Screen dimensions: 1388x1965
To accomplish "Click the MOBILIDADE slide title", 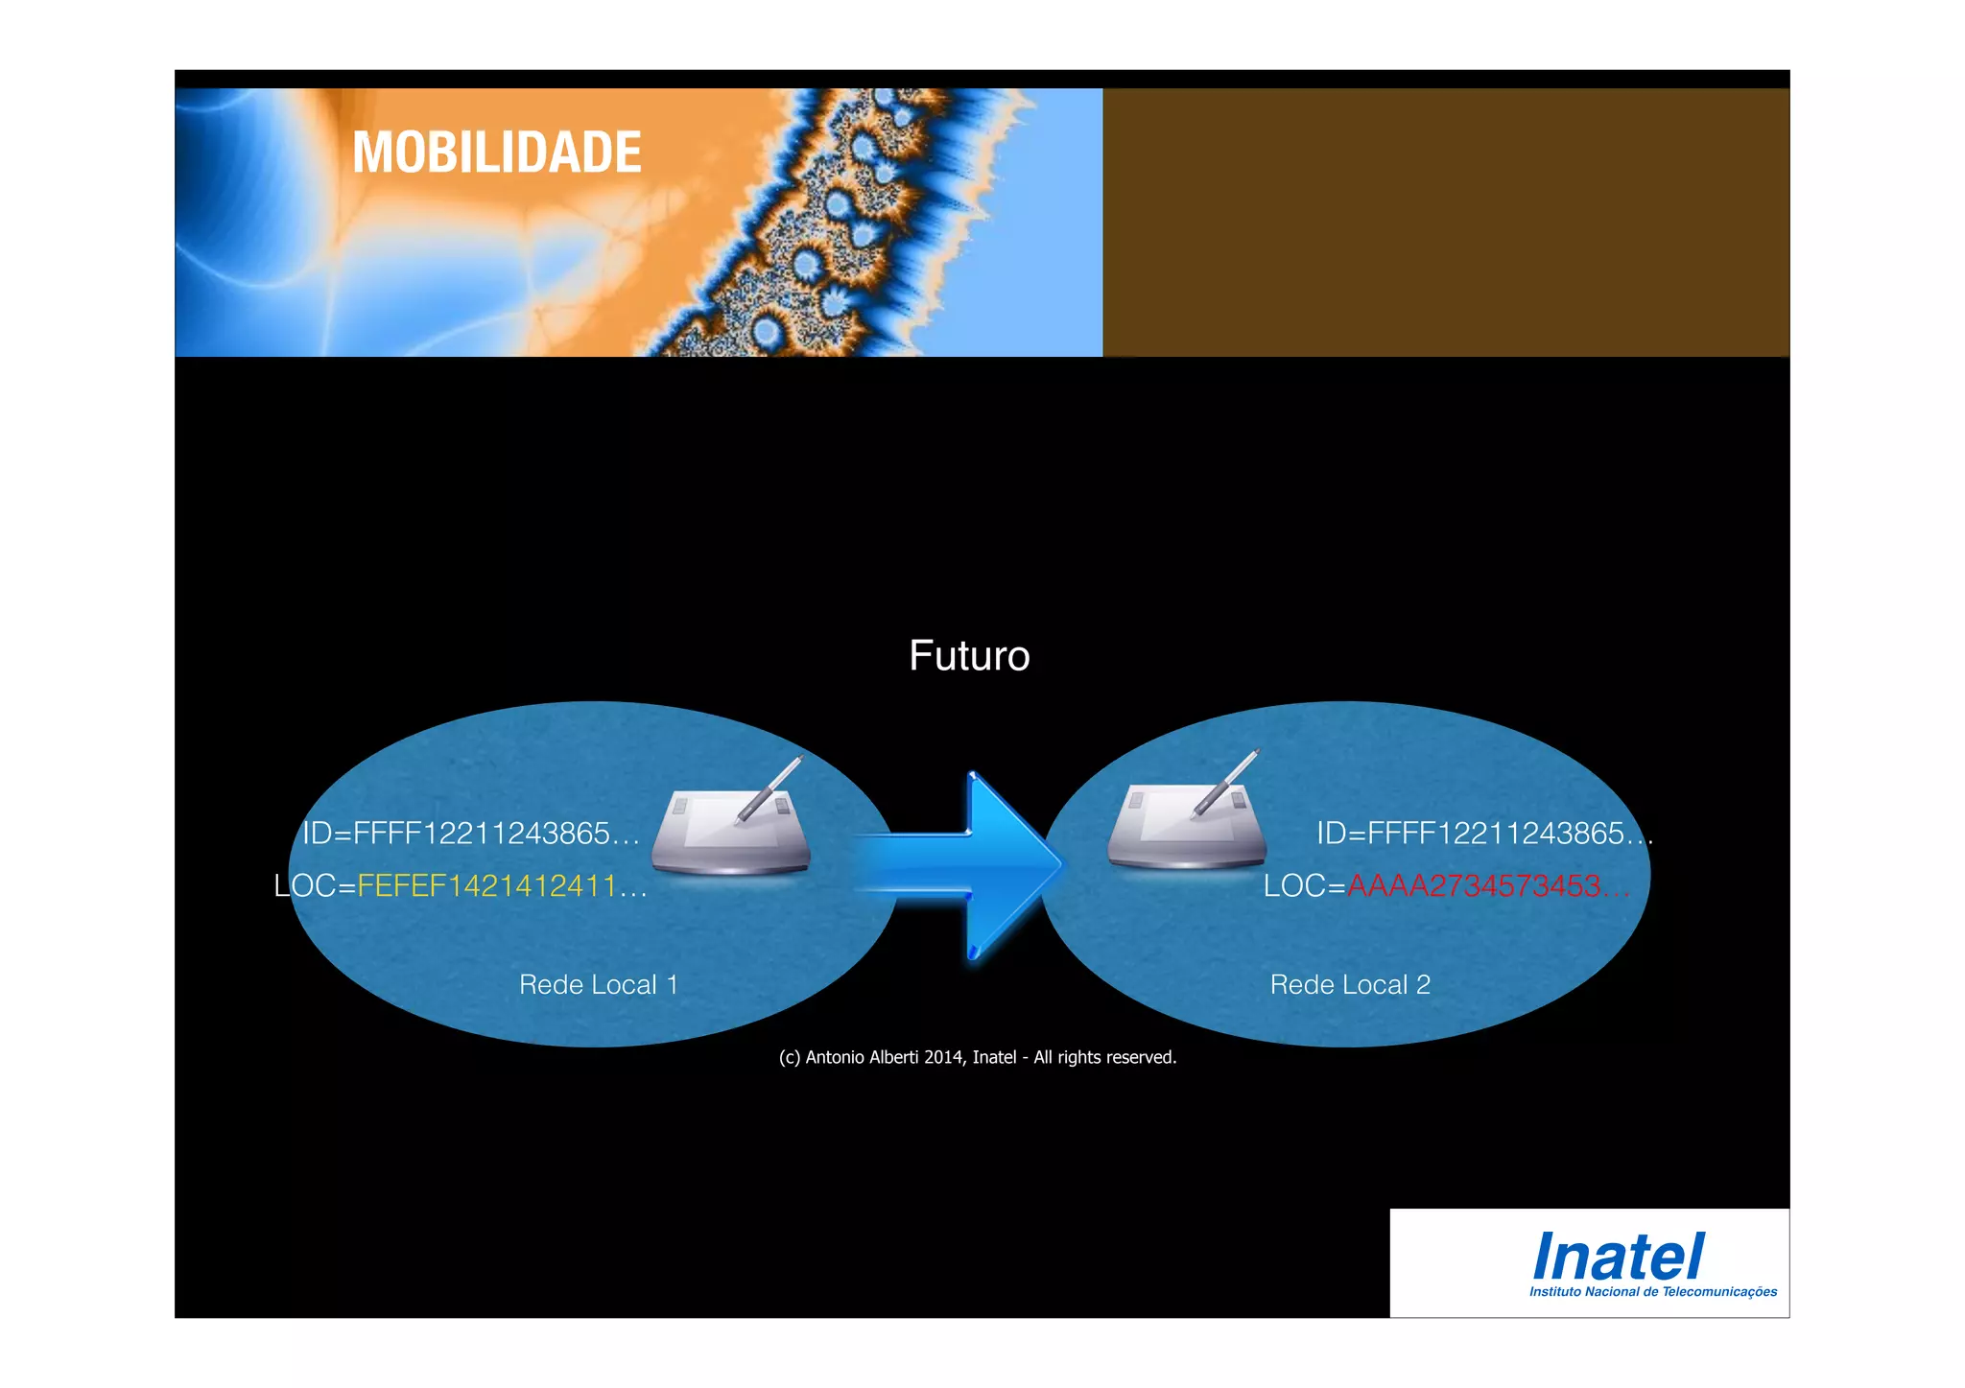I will [x=496, y=153].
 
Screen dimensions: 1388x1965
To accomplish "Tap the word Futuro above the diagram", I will [x=969, y=656].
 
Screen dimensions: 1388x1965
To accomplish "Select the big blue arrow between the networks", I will [x=969, y=864].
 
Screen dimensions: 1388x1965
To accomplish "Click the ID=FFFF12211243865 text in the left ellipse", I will [x=470, y=834].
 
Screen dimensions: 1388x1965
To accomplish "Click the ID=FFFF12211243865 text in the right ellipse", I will [x=1483, y=834].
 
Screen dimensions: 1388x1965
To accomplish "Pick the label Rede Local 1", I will [x=598, y=985].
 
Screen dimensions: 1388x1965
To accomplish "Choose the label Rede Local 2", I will [x=1350, y=985].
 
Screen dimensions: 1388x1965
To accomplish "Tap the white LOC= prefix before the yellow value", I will [x=315, y=885].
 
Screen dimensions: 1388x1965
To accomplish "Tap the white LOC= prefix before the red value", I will [x=1304, y=885].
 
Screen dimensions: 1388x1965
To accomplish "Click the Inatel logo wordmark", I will [x=1618, y=1258].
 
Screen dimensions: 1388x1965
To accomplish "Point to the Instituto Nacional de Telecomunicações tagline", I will [x=1652, y=1292].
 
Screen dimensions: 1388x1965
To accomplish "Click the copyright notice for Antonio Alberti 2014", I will [x=977, y=1057].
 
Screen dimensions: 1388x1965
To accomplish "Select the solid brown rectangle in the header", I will [x=1445, y=223].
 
